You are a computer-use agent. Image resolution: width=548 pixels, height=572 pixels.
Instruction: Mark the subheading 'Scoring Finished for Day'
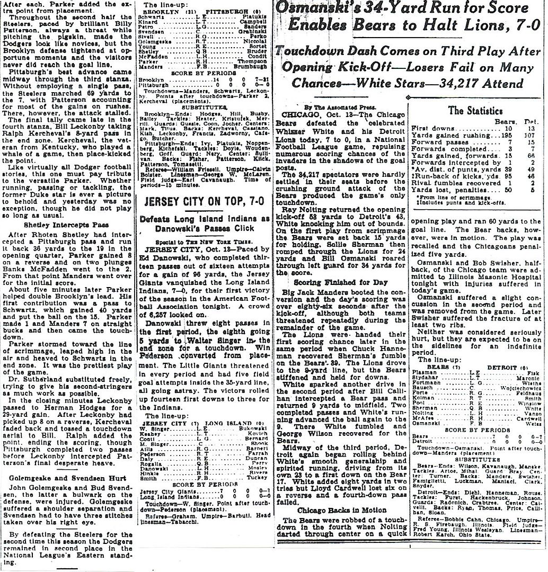tap(337, 282)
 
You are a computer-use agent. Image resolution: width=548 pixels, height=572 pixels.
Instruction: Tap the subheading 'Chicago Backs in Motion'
tap(339, 510)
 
